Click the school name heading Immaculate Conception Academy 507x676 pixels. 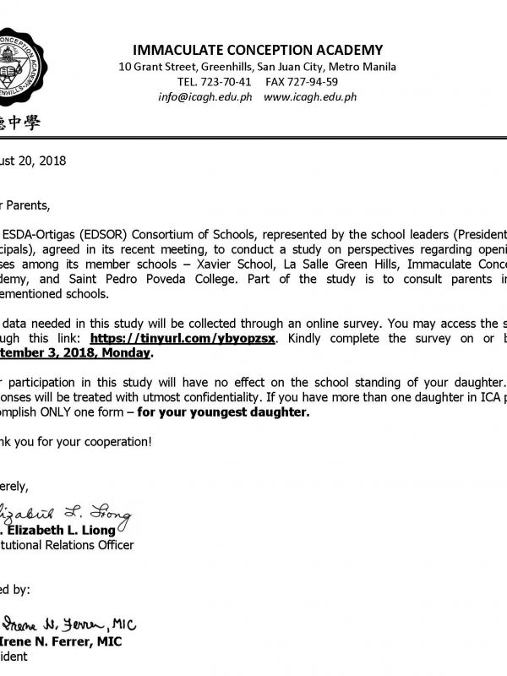point(251,50)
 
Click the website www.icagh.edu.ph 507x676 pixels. point(309,97)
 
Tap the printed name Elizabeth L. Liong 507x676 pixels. point(60,531)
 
